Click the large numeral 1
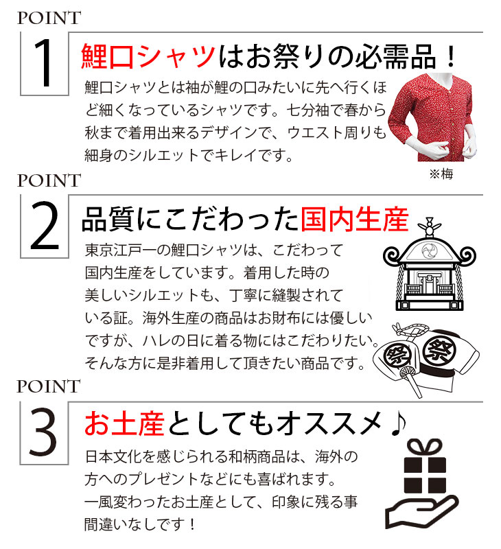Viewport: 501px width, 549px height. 45,62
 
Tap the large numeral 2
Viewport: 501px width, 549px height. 44,226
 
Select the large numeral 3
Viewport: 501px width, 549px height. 43,432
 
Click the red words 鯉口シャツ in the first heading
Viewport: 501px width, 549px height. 148,56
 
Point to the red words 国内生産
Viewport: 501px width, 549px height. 355,220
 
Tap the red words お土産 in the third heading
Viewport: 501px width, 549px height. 125,423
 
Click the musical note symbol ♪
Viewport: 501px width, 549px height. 399,423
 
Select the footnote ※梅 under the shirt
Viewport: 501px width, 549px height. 441,174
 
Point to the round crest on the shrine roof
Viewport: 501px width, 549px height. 430,250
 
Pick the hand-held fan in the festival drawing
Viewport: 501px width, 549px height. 411,381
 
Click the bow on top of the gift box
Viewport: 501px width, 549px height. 425,448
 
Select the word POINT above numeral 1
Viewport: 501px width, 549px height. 49,19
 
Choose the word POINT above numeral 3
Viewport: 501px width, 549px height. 49,386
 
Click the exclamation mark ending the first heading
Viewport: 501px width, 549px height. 452,57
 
